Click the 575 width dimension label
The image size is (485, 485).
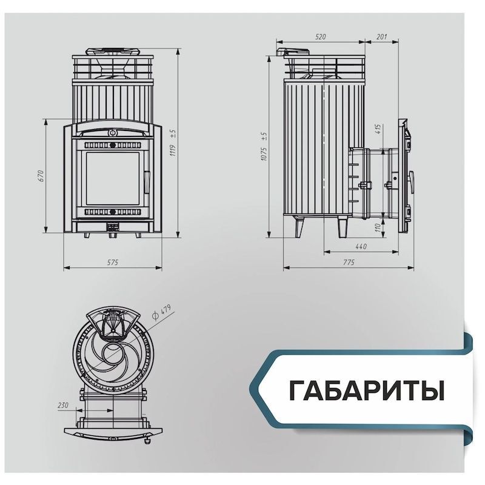[113, 263]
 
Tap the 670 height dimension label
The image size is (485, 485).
[41, 176]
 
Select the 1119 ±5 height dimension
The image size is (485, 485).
[173, 142]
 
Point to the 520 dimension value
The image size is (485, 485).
[321, 36]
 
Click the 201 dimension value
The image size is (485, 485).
[382, 36]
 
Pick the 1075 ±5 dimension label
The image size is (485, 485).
[264, 147]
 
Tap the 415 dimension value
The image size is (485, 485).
[378, 129]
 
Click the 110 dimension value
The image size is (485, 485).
[378, 229]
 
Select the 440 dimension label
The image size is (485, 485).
[361, 246]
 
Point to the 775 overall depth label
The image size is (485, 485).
[349, 263]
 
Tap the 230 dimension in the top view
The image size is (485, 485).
[63, 405]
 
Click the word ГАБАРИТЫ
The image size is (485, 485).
[367, 390]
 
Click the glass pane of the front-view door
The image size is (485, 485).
[113, 178]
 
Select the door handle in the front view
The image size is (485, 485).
[147, 182]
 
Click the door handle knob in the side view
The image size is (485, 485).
[412, 181]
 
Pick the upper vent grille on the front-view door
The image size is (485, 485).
[113, 145]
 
